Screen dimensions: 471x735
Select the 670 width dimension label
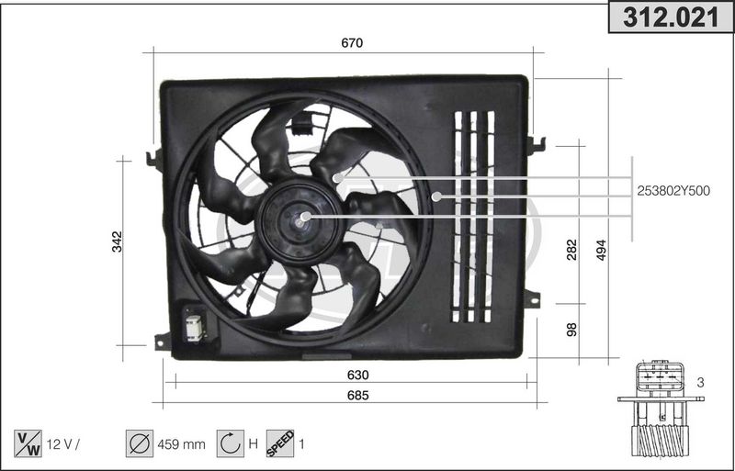tap(353, 43)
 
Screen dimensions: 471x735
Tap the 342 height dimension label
tap(117, 241)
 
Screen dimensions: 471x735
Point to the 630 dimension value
tap(357, 375)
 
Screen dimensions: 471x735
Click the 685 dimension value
tap(357, 396)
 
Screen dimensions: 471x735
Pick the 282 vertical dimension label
tap(571, 249)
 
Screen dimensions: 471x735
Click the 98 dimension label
tap(571, 329)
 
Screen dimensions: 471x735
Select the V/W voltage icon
tap(28, 444)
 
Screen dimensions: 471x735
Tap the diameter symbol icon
tap(139, 444)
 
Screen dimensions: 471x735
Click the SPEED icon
tap(279, 444)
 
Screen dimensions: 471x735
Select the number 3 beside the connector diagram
tap(700, 382)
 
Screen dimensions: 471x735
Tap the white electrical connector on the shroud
tap(196, 326)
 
